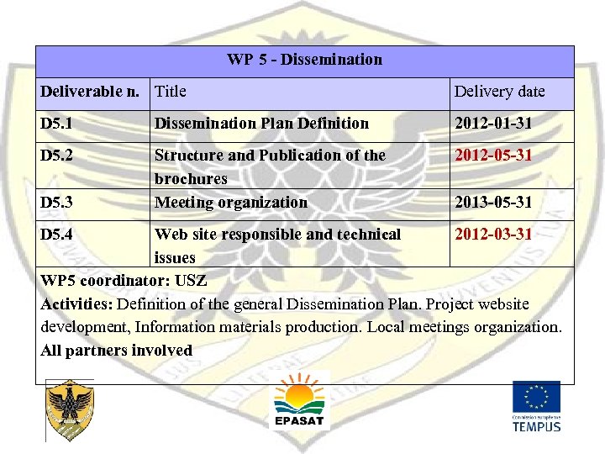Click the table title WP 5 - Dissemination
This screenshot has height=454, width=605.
304,60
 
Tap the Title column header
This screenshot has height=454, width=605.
171,92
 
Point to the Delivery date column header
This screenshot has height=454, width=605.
499,92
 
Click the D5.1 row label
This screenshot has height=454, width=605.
56,124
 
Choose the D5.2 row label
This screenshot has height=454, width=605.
56,156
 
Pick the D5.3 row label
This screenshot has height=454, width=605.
56,203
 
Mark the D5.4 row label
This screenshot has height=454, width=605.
56,234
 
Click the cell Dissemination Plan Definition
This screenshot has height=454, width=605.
261,124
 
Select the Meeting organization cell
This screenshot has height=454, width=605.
231,203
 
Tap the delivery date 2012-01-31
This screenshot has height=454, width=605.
493,124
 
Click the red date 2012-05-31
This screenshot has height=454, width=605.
493,156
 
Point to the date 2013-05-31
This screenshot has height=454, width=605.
493,203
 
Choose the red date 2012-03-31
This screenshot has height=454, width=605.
493,234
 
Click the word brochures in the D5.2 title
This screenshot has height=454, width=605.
191,179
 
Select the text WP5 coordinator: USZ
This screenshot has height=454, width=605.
124,280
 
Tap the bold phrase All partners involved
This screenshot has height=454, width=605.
117,351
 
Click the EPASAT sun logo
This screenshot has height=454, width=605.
299,401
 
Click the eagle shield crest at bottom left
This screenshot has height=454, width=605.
70,410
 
